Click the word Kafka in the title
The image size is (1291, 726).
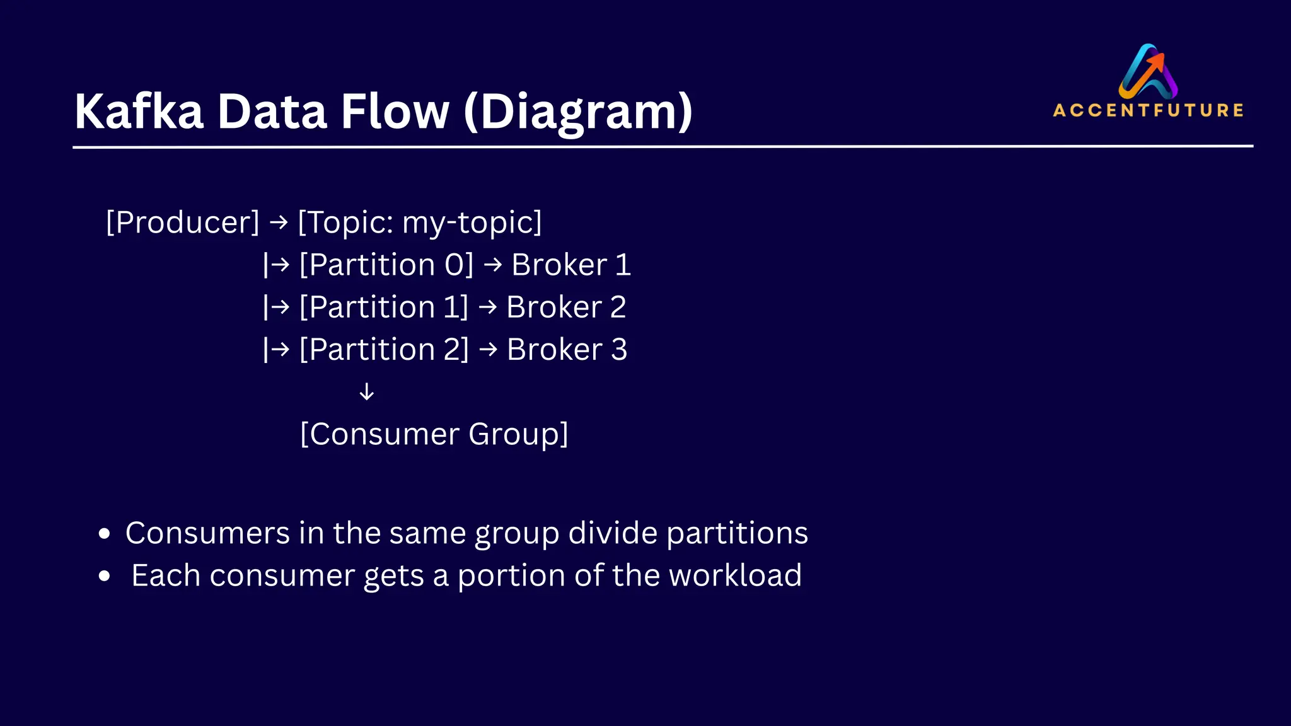click(139, 112)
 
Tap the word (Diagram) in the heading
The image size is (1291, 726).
click(578, 112)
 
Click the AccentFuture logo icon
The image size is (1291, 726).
click(1148, 71)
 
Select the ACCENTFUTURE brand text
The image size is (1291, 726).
click(1148, 110)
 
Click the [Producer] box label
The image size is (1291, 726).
click(183, 222)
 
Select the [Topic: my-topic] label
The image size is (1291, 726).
click(420, 222)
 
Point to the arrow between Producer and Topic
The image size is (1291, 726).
click(279, 222)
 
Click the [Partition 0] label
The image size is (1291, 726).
click(386, 265)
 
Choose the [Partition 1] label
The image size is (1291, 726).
click(383, 308)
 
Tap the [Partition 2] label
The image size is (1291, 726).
click(384, 350)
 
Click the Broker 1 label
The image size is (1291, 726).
click(571, 265)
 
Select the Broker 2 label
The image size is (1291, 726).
click(566, 308)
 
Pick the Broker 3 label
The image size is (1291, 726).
click(567, 350)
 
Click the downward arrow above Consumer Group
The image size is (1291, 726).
click(366, 392)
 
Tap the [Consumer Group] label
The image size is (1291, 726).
click(434, 434)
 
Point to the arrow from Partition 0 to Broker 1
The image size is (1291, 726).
click(493, 265)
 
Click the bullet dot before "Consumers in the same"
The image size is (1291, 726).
click(105, 534)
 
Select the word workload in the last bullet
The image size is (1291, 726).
click(735, 575)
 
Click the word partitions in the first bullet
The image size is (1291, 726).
click(737, 533)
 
